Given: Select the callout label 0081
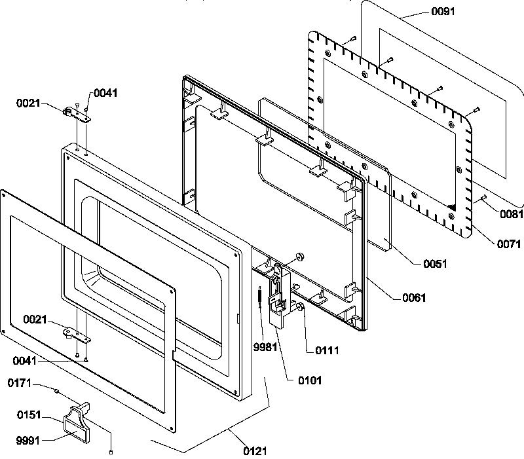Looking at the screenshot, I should click(510, 214).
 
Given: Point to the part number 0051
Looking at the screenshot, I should click(434, 264).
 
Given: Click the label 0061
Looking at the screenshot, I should click(413, 298).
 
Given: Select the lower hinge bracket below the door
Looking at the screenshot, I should click(77, 334).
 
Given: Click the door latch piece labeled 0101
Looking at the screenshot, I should click(280, 295).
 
